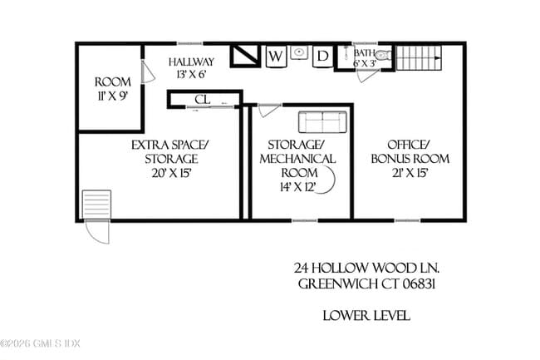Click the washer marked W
click(276, 57)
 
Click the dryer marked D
click(322, 57)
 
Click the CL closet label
click(201, 100)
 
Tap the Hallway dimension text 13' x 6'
click(190, 75)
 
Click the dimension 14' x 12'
click(299, 187)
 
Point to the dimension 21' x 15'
click(410, 173)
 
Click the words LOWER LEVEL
click(366, 316)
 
